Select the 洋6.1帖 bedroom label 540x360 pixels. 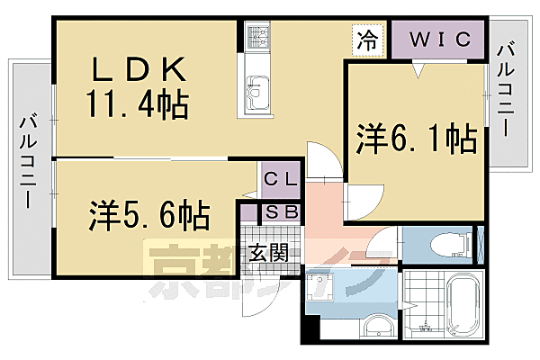tap(415, 139)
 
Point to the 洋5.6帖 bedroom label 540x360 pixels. tap(148, 215)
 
